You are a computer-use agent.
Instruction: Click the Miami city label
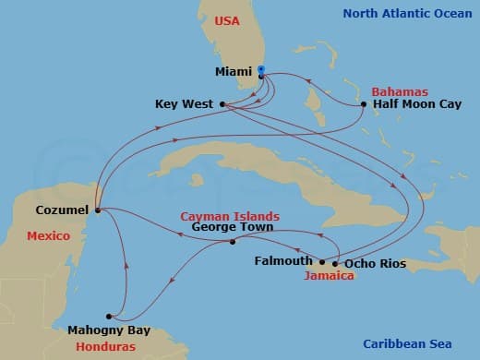(234, 70)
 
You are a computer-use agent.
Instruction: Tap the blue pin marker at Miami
(261, 70)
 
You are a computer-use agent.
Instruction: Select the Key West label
(185, 104)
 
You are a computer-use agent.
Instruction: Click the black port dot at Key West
(223, 104)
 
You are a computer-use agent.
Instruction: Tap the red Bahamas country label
(399, 91)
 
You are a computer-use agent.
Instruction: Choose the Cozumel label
(62, 210)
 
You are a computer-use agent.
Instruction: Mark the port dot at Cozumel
(97, 210)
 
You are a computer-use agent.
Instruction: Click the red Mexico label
(48, 236)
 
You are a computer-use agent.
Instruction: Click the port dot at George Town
(232, 242)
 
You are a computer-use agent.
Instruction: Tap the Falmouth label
(283, 261)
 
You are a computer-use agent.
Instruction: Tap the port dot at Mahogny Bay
(109, 315)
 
